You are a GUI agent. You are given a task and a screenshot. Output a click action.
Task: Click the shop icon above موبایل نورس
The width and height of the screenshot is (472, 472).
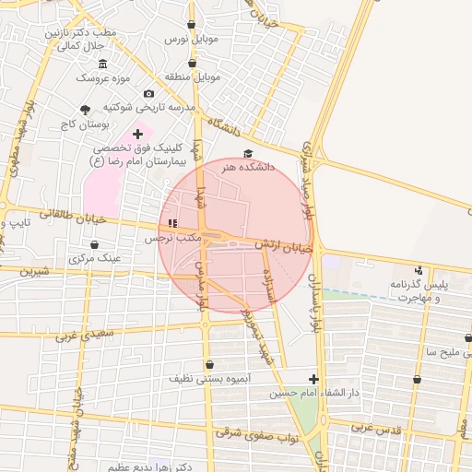191,25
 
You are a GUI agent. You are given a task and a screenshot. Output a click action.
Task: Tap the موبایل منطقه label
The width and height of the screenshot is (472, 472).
194,77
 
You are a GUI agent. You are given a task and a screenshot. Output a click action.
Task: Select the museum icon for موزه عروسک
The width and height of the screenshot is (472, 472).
102,64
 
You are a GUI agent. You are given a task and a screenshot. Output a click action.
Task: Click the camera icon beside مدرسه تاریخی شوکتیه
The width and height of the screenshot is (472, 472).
149,93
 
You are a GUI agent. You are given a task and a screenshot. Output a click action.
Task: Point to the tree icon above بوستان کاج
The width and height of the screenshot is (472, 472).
86,109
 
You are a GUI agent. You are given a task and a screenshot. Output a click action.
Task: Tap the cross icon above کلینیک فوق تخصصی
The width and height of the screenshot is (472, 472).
138,135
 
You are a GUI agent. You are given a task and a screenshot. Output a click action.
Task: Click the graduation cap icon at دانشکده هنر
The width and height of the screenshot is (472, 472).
247,154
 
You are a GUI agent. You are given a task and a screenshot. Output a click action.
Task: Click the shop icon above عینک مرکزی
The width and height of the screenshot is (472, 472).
95,244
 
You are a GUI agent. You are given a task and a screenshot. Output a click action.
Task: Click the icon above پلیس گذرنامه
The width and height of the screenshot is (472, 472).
419,270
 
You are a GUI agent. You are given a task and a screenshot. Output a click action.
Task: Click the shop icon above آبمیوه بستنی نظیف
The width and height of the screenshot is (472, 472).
210,364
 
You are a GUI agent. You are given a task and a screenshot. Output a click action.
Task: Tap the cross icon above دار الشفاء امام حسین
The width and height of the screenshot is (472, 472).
313,379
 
